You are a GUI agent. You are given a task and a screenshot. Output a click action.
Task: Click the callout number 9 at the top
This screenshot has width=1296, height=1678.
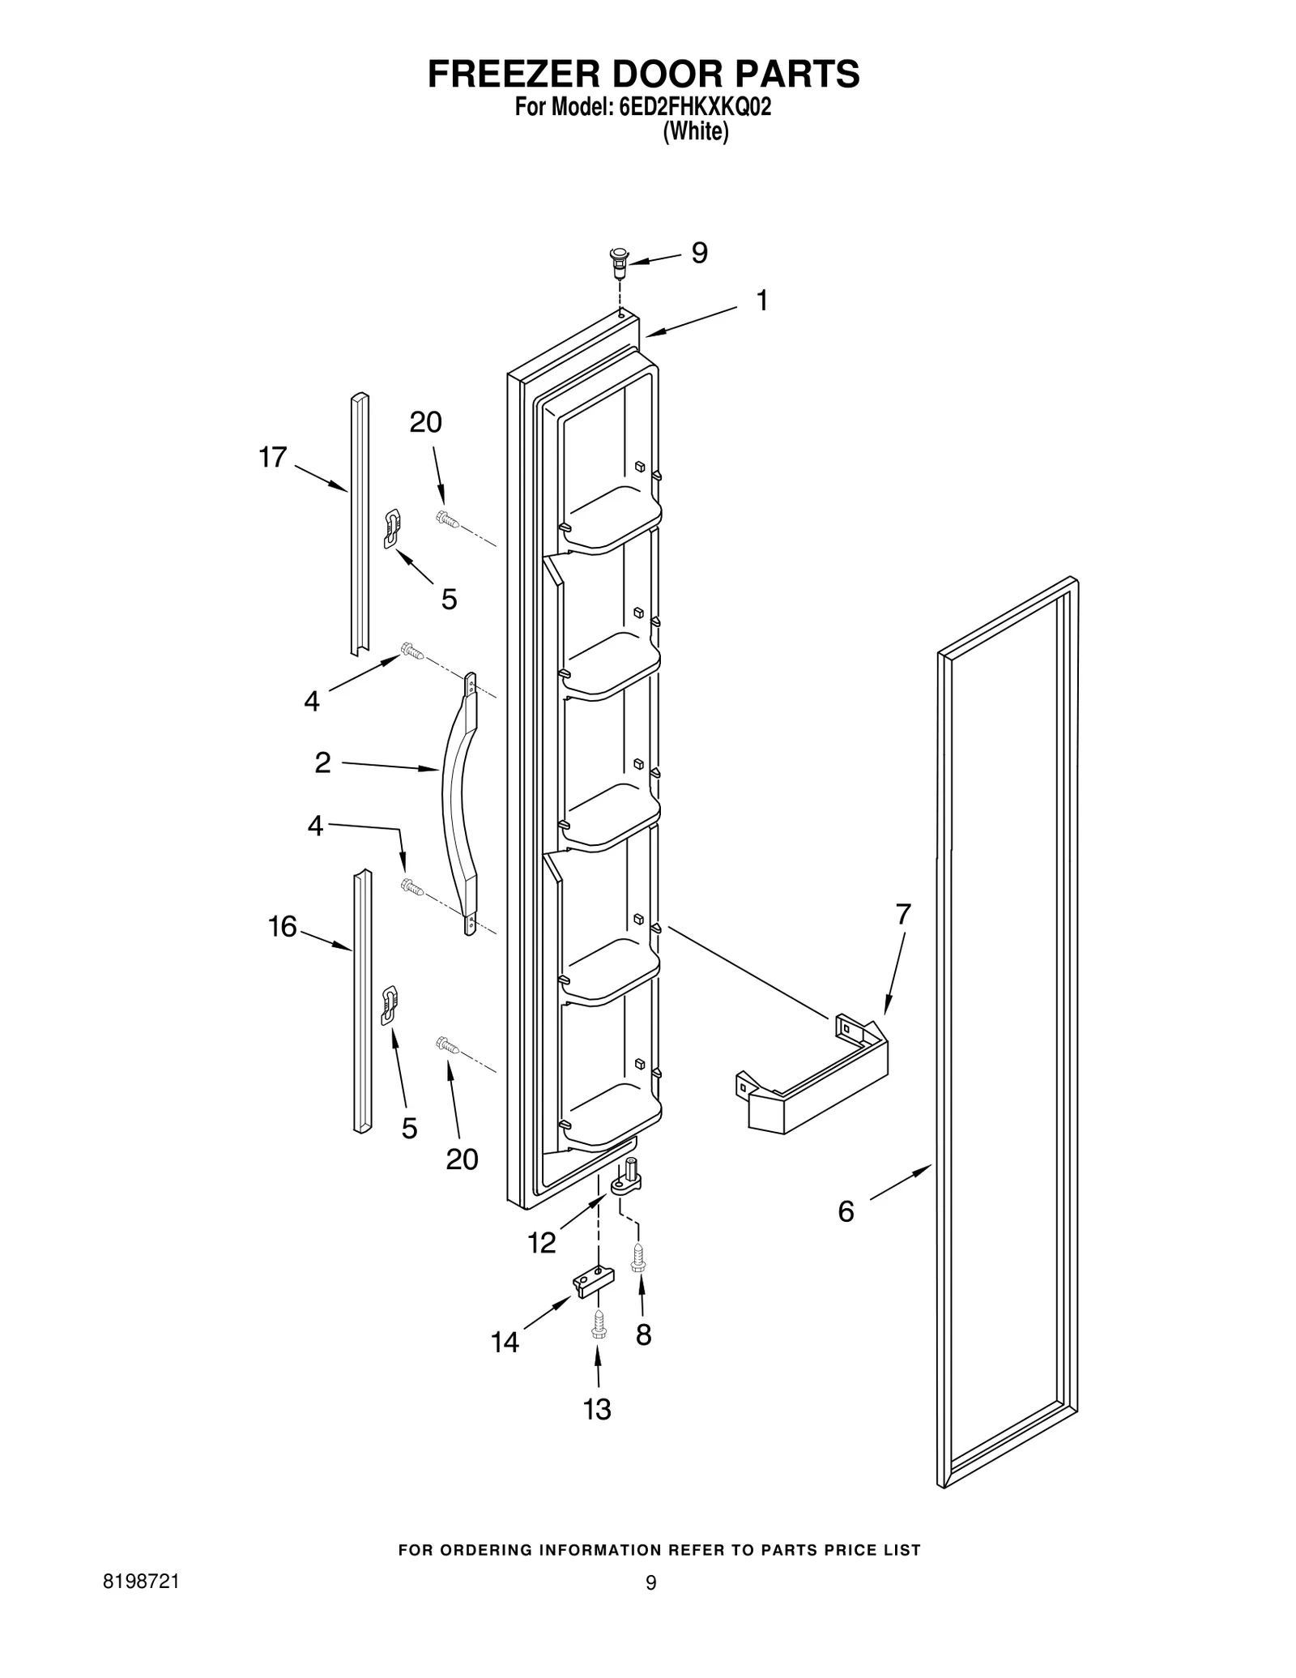699,253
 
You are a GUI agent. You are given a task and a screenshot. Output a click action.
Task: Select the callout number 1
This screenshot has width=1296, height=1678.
761,301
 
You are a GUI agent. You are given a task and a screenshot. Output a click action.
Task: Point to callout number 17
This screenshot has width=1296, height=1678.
273,457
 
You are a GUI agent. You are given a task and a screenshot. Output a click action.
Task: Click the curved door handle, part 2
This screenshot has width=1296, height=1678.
458,802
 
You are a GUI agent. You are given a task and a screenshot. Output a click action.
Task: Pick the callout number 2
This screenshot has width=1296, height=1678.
322,762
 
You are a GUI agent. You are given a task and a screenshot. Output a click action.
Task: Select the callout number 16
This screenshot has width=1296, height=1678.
283,926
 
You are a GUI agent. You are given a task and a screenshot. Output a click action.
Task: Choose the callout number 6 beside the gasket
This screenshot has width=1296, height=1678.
846,1211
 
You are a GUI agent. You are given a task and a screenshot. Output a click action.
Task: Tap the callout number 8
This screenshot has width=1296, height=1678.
643,1334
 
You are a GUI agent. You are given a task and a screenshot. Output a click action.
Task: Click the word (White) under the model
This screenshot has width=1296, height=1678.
695,131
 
